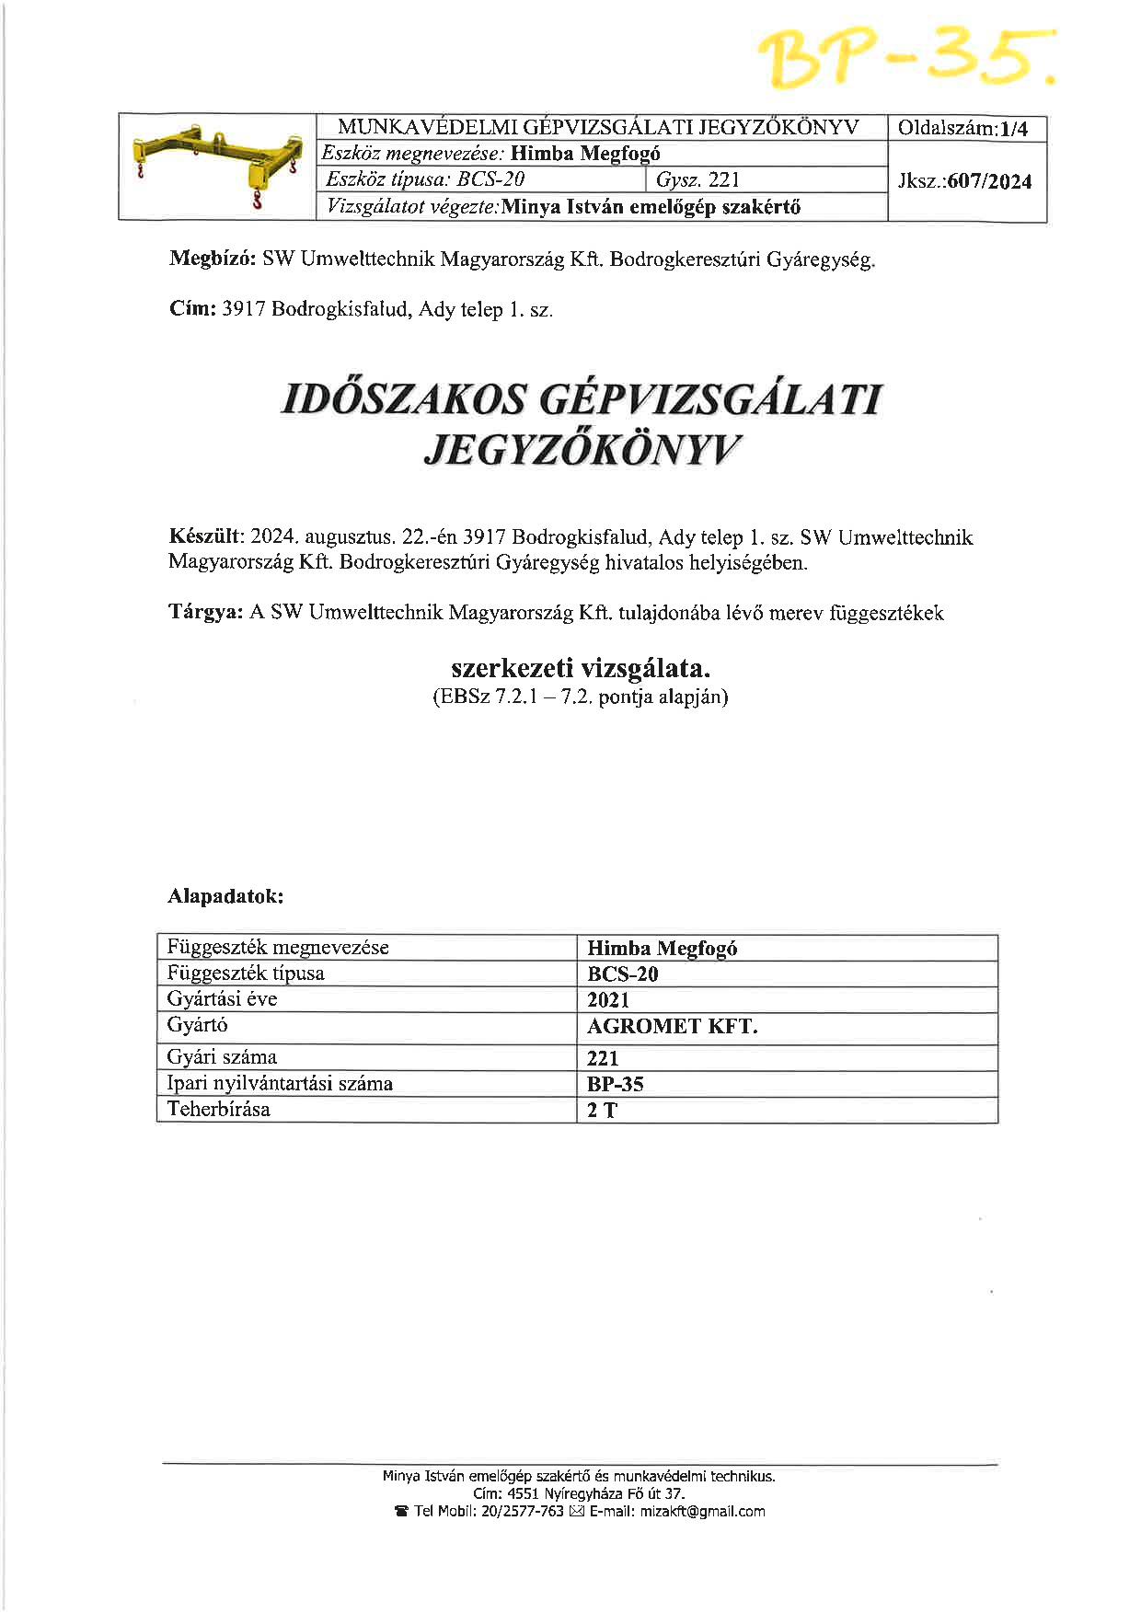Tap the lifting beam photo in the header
(218, 166)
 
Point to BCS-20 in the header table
(490, 179)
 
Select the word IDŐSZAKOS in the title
(402, 400)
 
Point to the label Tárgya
(205, 613)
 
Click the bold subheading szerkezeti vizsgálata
(581, 667)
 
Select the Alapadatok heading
(225, 895)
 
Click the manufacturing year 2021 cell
(608, 1000)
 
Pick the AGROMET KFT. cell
(672, 1027)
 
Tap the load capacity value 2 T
(602, 1111)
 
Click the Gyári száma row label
(222, 1057)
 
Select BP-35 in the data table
(615, 1084)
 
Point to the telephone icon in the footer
(401, 1512)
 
